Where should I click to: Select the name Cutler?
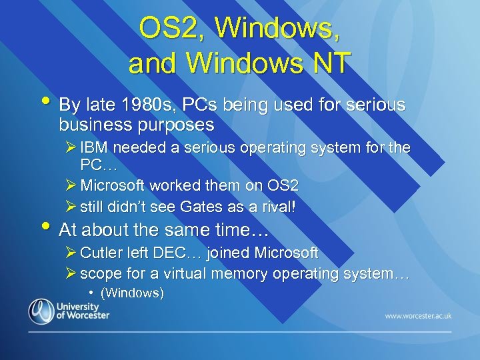tap(101, 253)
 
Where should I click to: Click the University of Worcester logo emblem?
tap(41, 311)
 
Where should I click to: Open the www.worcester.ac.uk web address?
tap(417, 315)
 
